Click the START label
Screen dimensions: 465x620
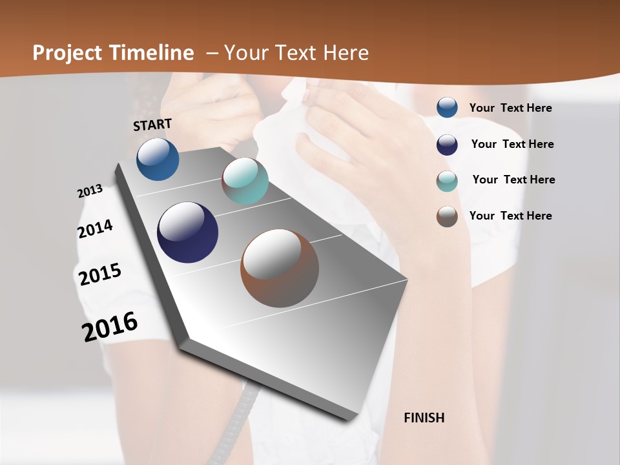[152, 125]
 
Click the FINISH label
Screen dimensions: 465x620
[424, 418]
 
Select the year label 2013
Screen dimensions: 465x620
[90, 191]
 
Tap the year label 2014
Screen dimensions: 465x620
[95, 229]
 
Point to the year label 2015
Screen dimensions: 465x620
[100, 274]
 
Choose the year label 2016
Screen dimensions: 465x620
[110, 326]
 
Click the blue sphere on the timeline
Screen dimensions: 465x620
[158, 159]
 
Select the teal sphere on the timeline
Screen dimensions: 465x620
[245, 181]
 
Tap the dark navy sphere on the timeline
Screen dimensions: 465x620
[187, 232]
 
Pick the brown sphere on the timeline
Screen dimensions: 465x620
[280, 268]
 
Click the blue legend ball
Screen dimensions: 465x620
[447, 108]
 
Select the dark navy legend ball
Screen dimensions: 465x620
[447, 145]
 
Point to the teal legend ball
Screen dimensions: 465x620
[447, 181]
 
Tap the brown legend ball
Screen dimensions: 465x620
[447, 216]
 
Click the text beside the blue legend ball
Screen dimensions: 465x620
[510, 108]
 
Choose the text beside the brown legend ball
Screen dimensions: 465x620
[510, 216]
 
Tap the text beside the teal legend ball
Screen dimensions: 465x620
[513, 180]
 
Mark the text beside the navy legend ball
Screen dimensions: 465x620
[512, 144]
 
